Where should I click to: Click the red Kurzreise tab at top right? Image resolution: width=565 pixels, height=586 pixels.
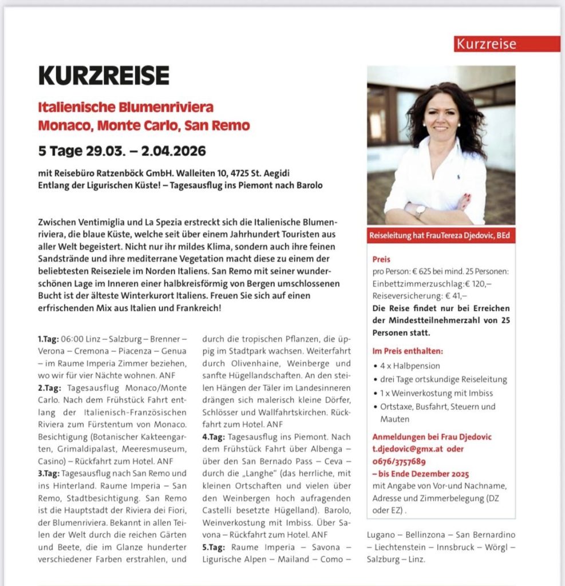(507, 44)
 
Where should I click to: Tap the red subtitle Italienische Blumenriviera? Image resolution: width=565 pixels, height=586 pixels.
(125, 107)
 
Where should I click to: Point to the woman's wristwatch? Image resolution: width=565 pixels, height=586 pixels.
(421, 211)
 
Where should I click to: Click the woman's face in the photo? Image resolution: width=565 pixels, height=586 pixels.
(441, 117)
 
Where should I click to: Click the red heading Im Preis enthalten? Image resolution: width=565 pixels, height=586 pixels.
(407, 351)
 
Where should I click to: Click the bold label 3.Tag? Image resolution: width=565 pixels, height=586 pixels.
(48, 473)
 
